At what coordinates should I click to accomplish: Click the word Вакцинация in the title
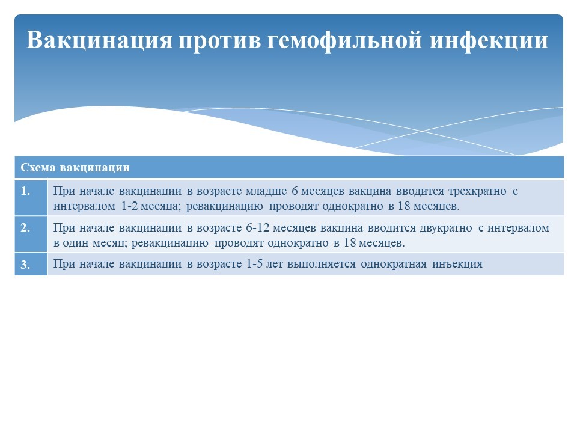(x=99, y=40)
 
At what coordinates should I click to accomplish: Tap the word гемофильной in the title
(x=344, y=40)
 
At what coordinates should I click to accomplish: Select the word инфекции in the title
(x=489, y=40)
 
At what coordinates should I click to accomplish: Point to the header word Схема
(x=38, y=168)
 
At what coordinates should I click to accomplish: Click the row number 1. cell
(x=31, y=197)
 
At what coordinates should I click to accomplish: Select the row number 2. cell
(x=31, y=234)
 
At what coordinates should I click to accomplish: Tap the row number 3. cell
(x=31, y=264)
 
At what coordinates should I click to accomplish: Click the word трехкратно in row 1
(x=477, y=191)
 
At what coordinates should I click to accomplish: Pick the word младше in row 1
(x=266, y=191)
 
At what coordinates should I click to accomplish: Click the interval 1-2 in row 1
(x=130, y=206)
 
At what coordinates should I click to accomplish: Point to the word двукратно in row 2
(x=446, y=229)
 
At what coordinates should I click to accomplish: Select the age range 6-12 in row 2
(x=258, y=227)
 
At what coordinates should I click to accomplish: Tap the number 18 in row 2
(x=350, y=242)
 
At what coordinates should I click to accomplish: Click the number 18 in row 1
(x=404, y=206)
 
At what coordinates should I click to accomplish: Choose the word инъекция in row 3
(x=457, y=264)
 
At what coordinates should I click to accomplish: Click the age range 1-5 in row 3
(x=255, y=263)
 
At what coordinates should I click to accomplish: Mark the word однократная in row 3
(x=394, y=265)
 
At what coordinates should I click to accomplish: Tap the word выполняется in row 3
(x=322, y=265)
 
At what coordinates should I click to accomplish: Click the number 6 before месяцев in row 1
(x=295, y=191)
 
